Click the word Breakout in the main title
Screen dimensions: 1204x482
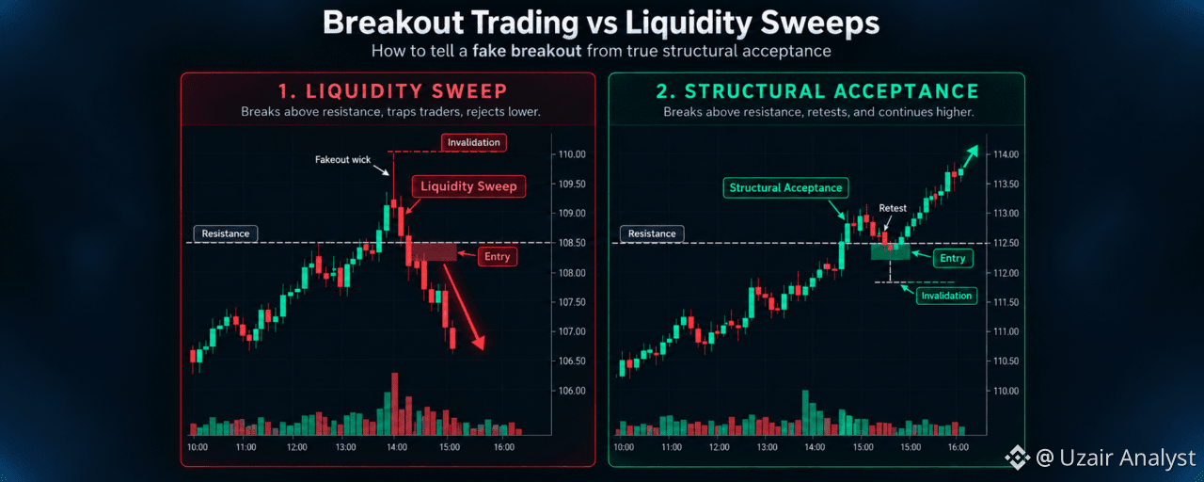point(393,23)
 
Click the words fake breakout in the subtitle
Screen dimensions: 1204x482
point(527,51)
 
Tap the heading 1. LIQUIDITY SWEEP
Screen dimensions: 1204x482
point(393,91)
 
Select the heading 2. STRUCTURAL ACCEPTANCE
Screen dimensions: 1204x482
point(817,91)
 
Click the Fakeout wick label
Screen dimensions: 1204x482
point(343,160)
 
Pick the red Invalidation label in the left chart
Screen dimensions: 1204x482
point(473,142)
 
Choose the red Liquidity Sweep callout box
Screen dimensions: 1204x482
point(468,186)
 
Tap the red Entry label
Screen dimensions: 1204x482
point(498,257)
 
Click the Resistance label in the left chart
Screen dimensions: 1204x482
point(225,233)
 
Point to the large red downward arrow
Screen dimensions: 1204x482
point(464,307)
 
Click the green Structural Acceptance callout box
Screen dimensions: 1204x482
point(785,187)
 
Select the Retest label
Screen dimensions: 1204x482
point(893,208)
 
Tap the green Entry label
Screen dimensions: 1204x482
point(953,258)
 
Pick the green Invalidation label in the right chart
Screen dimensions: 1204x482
point(946,296)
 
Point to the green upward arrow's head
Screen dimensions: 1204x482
point(972,153)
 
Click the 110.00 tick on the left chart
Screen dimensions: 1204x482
point(572,154)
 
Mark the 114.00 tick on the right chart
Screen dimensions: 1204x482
point(1006,154)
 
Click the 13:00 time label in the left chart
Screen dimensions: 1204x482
point(345,447)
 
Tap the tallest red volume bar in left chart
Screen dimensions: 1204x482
point(395,404)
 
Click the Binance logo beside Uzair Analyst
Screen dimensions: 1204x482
point(1018,458)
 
